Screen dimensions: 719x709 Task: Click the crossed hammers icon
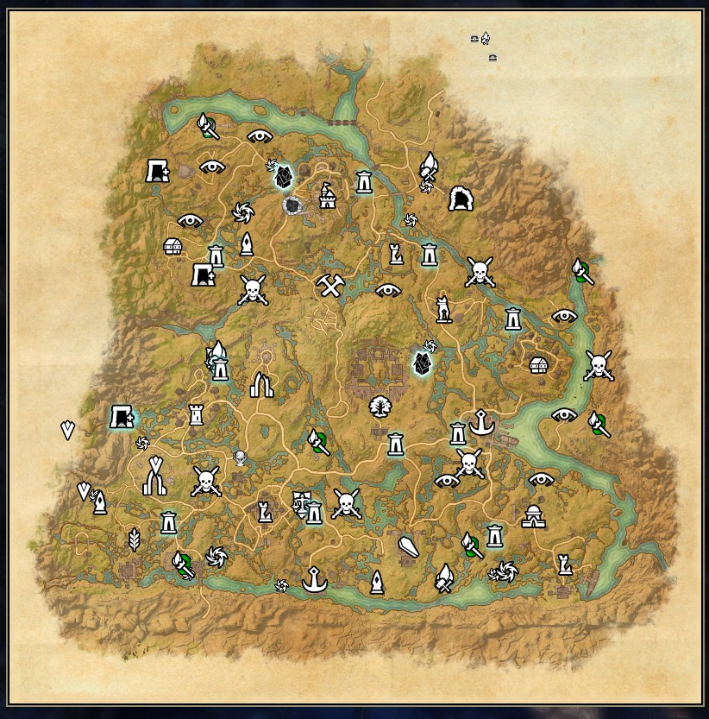(x=330, y=285)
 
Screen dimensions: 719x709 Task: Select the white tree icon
(x=378, y=406)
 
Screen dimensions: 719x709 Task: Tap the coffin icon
(x=408, y=549)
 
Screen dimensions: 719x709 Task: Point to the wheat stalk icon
(x=134, y=540)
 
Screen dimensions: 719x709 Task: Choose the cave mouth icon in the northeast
(x=461, y=199)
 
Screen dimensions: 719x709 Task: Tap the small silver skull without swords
(x=240, y=457)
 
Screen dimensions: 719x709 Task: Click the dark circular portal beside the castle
(x=293, y=205)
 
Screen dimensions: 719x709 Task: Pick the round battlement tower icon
(x=196, y=415)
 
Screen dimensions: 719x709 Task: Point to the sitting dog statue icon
(x=443, y=308)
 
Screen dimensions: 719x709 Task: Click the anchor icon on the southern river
(x=315, y=580)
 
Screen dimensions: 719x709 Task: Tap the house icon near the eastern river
(x=539, y=365)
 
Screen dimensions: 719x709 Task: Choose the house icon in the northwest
(x=173, y=247)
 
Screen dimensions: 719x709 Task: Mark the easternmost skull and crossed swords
(x=599, y=366)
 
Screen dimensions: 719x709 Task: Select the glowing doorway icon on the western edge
(x=122, y=418)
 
